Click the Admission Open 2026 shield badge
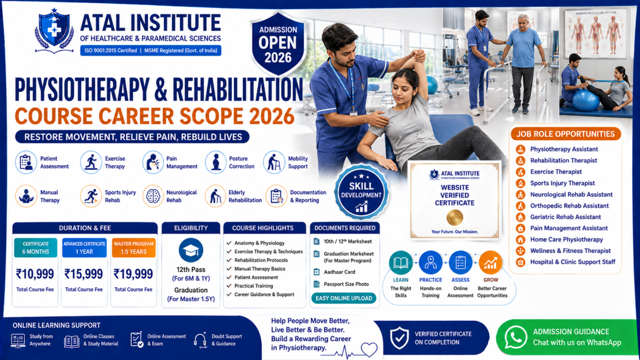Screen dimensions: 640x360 click(x=278, y=43)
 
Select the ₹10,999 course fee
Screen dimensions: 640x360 click(x=35, y=274)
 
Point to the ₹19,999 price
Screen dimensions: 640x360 click(x=133, y=274)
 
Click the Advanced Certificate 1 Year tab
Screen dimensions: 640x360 click(x=84, y=247)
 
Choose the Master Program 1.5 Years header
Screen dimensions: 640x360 click(x=134, y=247)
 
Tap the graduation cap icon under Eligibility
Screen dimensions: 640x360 click(x=191, y=250)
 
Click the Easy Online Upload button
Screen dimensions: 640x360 click(x=343, y=298)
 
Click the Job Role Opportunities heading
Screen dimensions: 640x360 click(x=565, y=134)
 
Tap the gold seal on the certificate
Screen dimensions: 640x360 click(x=454, y=218)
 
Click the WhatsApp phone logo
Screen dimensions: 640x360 click(x=515, y=338)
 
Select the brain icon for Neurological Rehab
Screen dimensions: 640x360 click(x=153, y=196)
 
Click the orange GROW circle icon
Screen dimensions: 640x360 click(x=491, y=262)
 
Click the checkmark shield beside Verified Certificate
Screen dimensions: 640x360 click(x=399, y=338)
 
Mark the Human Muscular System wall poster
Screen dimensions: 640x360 click(x=596, y=34)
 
